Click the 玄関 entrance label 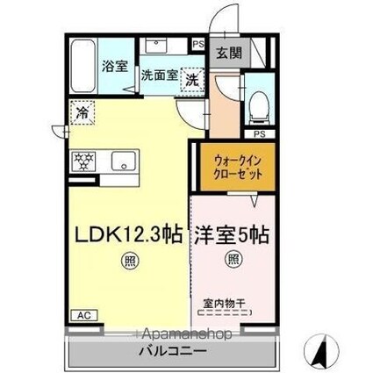point(229,53)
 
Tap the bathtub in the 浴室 point(83,67)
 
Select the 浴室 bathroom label point(115,67)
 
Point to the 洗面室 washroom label point(160,75)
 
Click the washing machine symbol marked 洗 point(192,80)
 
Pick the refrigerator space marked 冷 point(82,112)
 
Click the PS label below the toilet point(260,134)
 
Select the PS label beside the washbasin point(198,45)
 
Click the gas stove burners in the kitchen point(83,161)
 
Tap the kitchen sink point(124,161)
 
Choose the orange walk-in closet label point(238,168)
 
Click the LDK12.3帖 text point(129,234)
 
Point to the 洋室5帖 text point(232,234)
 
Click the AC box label point(84,315)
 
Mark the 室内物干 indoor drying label point(224,304)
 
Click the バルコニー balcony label point(173,350)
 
